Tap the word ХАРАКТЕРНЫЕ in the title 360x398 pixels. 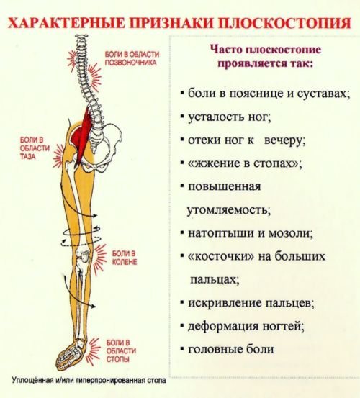[67, 23]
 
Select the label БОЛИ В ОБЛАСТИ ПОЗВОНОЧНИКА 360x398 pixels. [132, 58]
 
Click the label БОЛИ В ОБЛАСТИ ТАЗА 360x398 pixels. [35, 148]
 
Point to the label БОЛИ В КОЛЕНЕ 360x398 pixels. [124, 258]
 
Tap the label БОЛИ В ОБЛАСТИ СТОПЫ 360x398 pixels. [121, 350]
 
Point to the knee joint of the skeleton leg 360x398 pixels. [83, 257]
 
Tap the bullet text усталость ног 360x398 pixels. [230, 117]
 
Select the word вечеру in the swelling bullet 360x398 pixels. [285, 140]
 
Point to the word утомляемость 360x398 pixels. [229, 210]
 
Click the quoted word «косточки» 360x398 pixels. [220, 256]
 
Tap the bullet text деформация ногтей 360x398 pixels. [246, 326]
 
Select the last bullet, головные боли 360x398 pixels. [231, 349]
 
